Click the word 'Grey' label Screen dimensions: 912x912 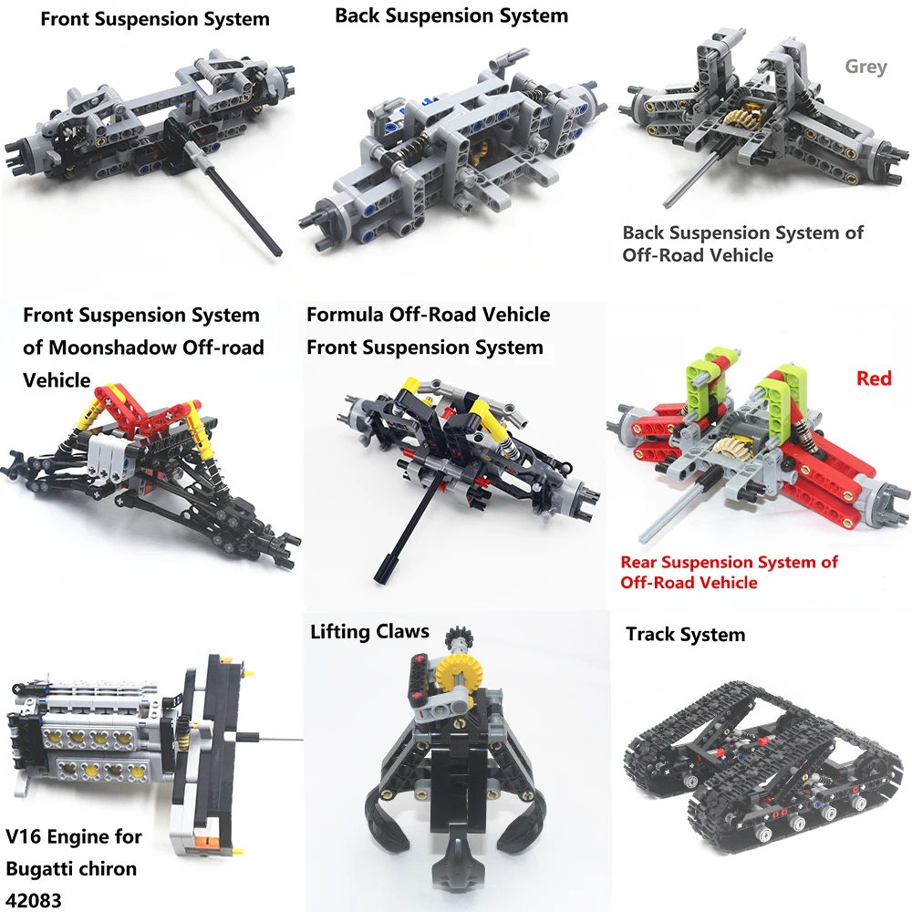pyautogui.click(x=865, y=67)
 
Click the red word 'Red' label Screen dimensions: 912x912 pyautogui.click(x=873, y=378)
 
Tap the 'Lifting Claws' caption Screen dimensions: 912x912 pyautogui.click(x=369, y=632)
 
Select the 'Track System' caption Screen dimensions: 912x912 pyautogui.click(x=685, y=635)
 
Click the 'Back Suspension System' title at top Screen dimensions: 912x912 pyautogui.click(x=451, y=16)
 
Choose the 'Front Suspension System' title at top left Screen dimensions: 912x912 pyautogui.click(x=155, y=18)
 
